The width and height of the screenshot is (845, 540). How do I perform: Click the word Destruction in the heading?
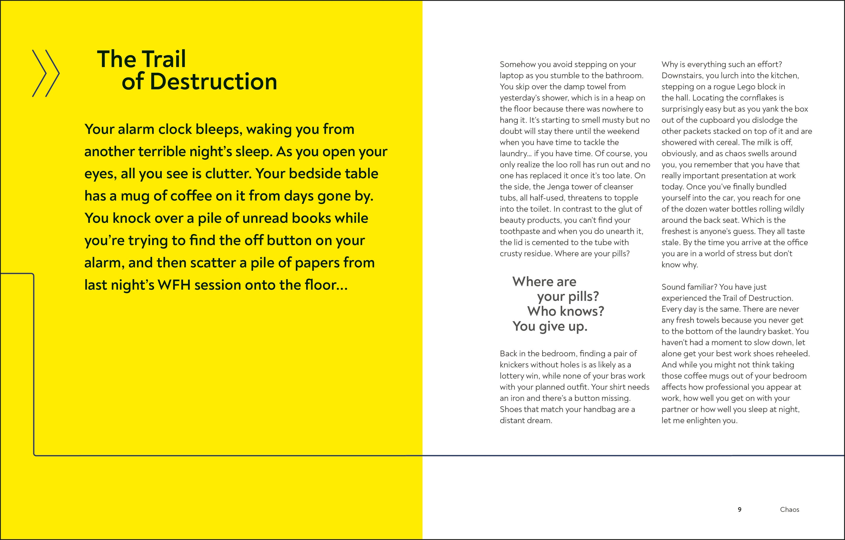pyautogui.click(x=213, y=82)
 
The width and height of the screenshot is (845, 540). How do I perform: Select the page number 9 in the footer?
pyautogui.click(x=739, y=509)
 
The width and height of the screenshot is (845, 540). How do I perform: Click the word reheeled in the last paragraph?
pyautogui.click(x=792, y=354)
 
